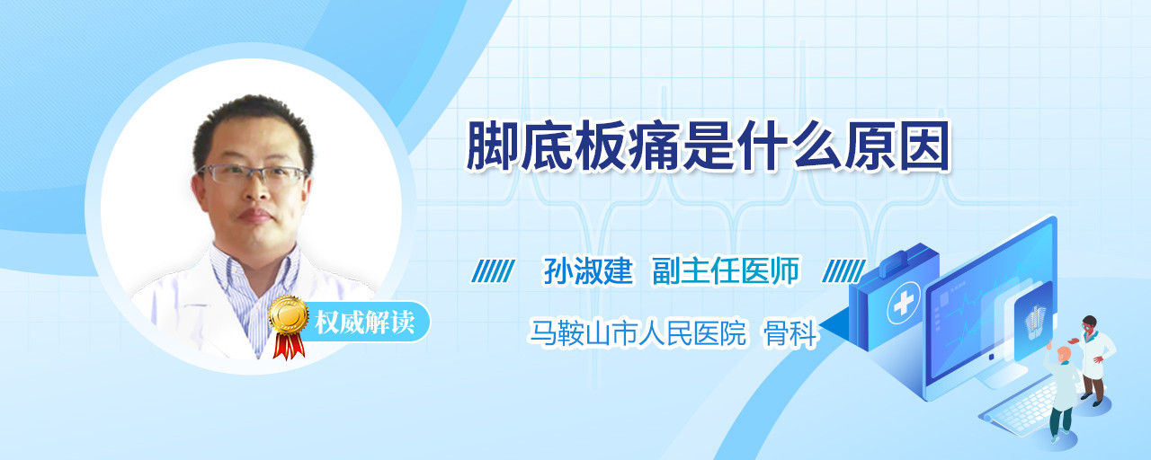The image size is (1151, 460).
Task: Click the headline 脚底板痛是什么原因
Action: [x=708, y=146]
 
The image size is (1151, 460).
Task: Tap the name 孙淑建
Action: [x=588, y=270]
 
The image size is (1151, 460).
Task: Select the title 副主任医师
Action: [x=726, y=270]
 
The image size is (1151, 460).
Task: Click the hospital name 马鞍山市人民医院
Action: [x=638, y=333]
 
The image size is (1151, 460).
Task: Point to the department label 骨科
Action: [x=790, y=333]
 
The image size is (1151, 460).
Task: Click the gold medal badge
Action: [x=289, y=314]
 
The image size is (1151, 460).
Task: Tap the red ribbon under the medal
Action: [x=289, y=346]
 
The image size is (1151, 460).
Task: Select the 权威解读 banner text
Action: [x=364, y=323]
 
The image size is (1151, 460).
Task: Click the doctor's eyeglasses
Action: [x=252, y=174]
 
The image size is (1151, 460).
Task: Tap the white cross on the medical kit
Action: [x=903, y=304]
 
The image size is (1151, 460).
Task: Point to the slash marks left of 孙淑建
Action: [x=493, y=271]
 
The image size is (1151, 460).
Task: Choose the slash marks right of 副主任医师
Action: [x=843, y=271]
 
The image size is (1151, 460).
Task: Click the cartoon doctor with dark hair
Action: [x=1094, y=360]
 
